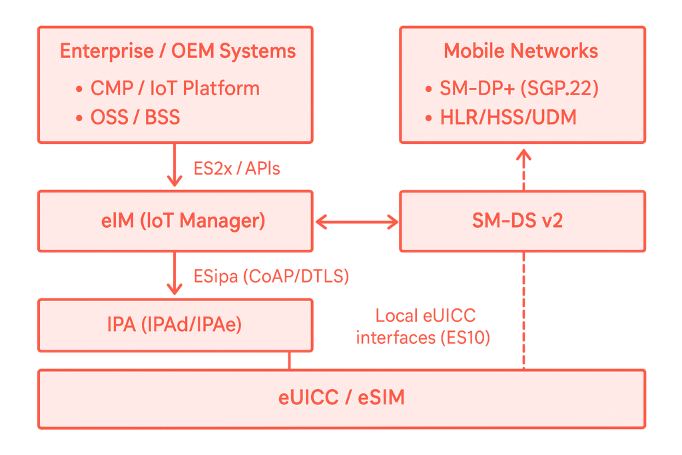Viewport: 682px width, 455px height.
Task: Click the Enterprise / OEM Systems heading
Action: pos(177,51)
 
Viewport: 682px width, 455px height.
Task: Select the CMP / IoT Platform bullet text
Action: pos(175,88)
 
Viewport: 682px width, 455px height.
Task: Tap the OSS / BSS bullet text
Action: pos(135,118)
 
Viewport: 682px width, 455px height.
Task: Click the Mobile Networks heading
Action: pos(521,51)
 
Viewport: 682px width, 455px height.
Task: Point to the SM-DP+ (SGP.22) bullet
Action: pos(519,89)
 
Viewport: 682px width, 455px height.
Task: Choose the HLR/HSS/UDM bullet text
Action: pos(508,119)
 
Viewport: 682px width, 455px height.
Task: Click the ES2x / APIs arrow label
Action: pos(237,169)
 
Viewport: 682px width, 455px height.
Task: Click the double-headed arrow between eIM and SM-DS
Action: pos(356,222)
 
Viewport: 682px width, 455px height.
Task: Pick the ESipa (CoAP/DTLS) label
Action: pos(271,276)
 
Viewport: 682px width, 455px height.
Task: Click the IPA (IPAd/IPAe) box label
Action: pos(174,325)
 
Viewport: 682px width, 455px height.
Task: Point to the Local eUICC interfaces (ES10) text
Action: pos(424,326)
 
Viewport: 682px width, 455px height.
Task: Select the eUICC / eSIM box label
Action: pos(341,398)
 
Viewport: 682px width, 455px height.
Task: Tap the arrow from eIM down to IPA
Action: pos(174,273)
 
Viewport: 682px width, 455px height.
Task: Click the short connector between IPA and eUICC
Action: pos(289,360)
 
